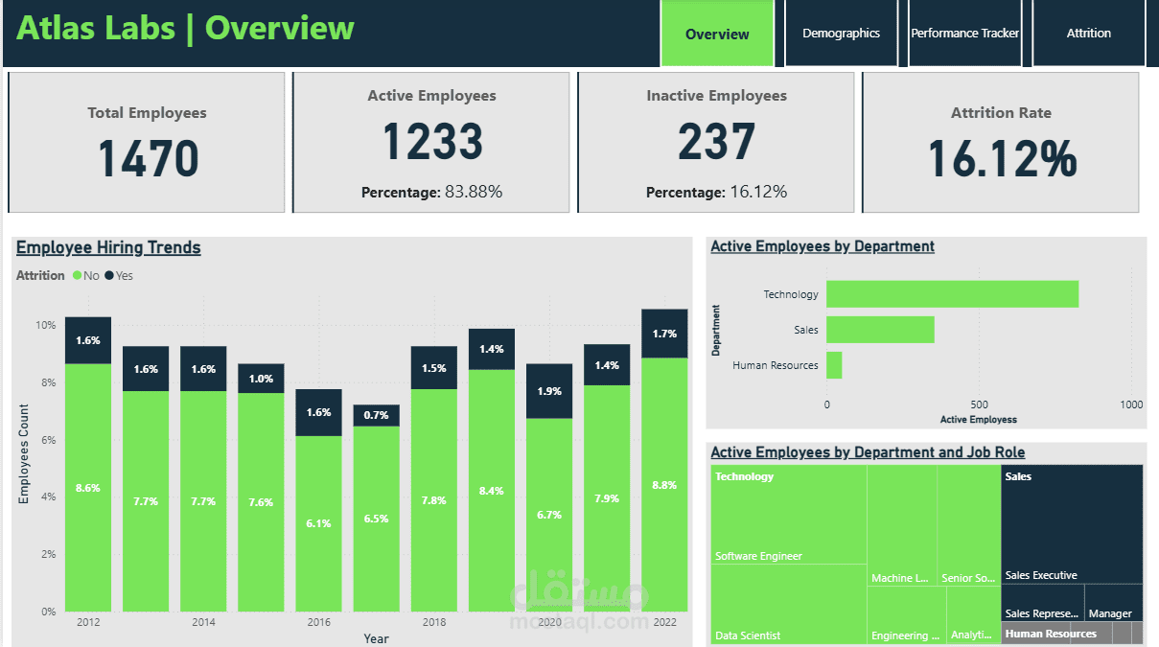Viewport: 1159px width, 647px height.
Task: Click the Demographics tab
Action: click(841, 34)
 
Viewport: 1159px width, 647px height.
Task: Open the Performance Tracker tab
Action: click(964, 34)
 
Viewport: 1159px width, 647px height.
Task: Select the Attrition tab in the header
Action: click(1088, 34)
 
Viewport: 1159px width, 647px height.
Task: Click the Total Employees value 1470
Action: click(148, 159)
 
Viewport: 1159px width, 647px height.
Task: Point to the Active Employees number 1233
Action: click(432, 142)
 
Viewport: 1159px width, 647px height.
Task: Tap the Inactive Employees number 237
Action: click(716, 142)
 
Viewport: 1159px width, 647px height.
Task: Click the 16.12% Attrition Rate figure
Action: click(1002, 159)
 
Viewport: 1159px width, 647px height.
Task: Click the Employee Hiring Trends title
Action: click(108, 247)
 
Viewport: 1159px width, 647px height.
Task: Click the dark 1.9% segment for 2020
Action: click(549, 391)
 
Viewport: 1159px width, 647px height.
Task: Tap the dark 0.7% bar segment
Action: click(376, 415)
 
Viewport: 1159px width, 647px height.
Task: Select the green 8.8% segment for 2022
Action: click(664, 484)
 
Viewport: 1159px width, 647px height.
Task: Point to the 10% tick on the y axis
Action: click(45, 325)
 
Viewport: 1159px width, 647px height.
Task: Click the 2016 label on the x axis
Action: click(318, 622)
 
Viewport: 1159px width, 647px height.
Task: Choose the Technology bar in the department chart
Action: click(952, 294)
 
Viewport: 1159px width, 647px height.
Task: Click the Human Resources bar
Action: click(834, 365)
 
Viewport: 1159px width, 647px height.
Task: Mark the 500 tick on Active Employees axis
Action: click(979, 404)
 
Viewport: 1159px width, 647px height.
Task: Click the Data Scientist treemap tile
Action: click(789, 604)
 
